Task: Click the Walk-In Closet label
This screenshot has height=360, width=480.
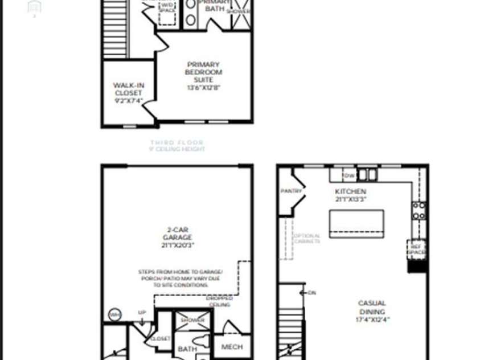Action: [128, 89]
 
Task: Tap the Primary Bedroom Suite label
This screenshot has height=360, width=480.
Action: [203, 72]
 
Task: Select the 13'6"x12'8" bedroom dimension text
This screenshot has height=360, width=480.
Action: [203, 88]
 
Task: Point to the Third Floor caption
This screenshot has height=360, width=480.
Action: [177, 142]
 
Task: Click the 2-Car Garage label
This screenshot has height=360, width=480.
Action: [177, 234]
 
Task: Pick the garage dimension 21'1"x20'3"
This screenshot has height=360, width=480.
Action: [177, 246]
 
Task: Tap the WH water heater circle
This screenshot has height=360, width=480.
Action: [114, 315]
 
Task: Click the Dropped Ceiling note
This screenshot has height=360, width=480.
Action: [220, 301]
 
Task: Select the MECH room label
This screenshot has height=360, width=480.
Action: [231, 346]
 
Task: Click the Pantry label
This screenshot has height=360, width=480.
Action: [291, 191]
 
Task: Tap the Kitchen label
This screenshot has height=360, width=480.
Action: [350, 191]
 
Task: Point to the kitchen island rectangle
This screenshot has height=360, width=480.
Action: [356, 223]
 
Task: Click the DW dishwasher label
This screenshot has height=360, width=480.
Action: [348, 175]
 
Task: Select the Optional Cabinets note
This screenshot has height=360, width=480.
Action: [306, 238]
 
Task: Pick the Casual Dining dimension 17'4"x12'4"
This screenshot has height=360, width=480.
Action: [372, 320]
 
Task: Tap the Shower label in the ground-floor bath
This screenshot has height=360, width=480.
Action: [192, 320]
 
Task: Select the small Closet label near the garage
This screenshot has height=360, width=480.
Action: [160, 338]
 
